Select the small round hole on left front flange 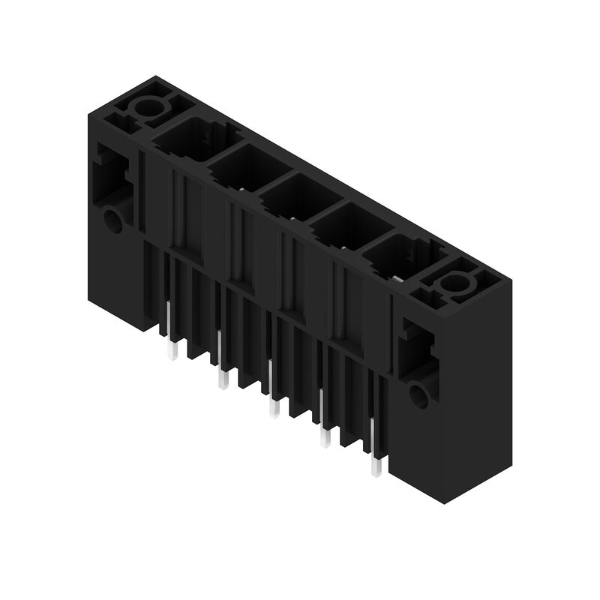(112, 221)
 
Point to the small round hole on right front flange (418, 396)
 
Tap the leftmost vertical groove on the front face (178, 210)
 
